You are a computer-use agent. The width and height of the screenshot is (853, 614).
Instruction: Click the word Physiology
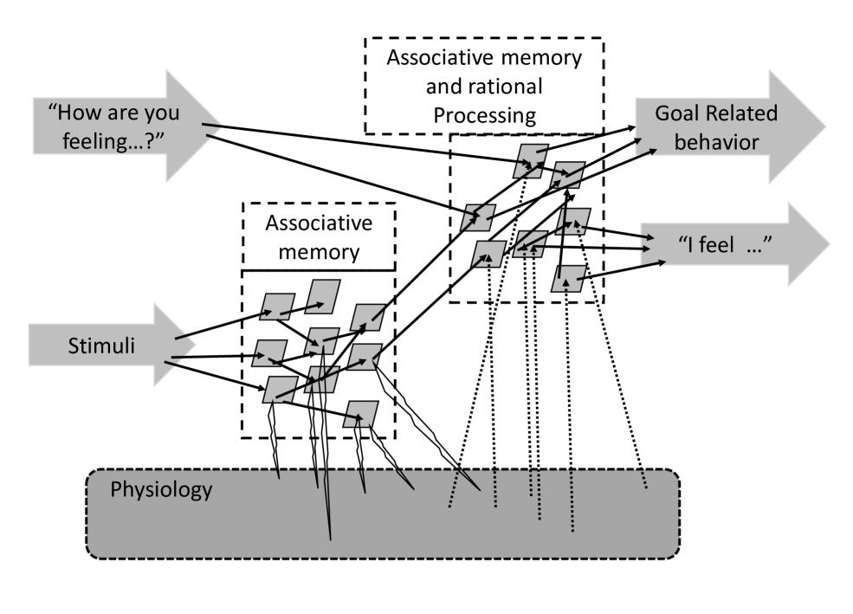[x=161, y=490]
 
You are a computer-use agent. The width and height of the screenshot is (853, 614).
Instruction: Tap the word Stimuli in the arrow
[x=98, y=348]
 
